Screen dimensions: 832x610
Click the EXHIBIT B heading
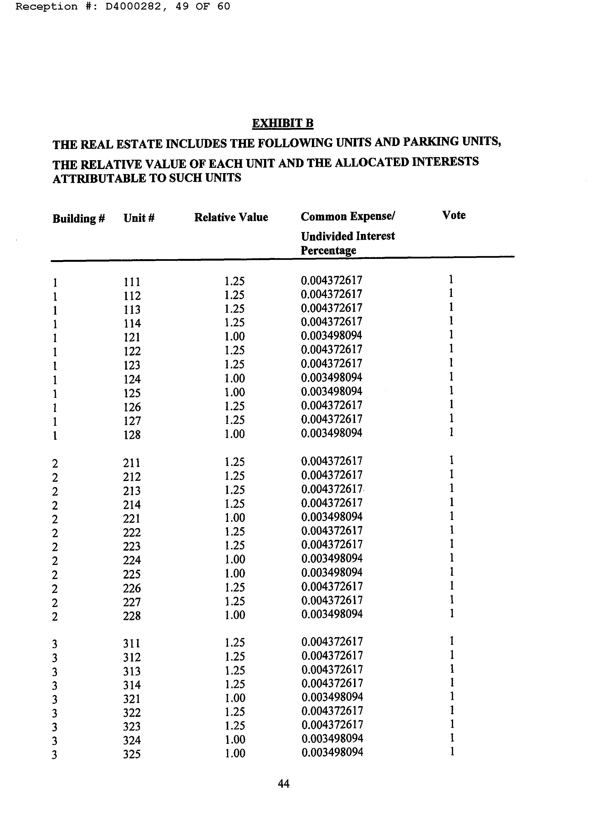(283, 123)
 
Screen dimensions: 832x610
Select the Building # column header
(79, 219)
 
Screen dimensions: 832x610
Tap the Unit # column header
(139, 218)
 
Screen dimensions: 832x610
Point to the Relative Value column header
(231, 217)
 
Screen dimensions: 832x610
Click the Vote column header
(454, 215)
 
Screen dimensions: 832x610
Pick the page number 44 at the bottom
(283, 784)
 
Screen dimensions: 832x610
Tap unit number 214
(132, 504)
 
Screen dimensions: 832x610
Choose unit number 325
(132, 754)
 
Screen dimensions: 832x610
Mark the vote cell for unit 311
(451, 641)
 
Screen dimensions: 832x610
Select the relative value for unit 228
(235, 615)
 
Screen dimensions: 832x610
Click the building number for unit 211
(55, 463)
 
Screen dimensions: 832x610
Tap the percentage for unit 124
(331, 378)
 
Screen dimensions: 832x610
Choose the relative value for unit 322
(235, 712)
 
